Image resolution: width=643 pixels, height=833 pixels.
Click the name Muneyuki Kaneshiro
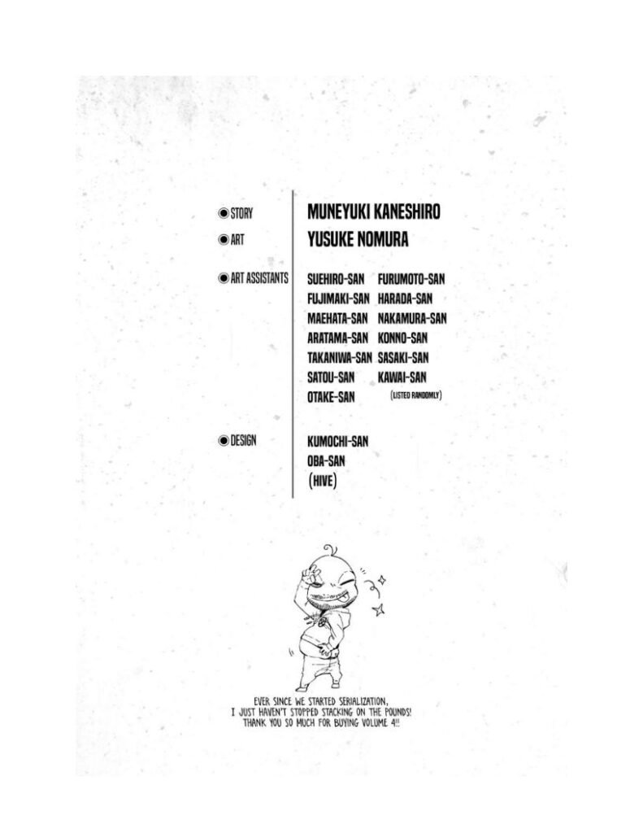[x=374, y=212]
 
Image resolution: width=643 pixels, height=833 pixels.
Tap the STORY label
[x=241, y=213]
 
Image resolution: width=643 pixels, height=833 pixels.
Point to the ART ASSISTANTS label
[x=259, y=278]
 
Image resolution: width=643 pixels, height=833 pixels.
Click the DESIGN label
[x=243, y=440]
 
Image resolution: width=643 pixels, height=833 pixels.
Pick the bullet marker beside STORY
[x=223, y=213]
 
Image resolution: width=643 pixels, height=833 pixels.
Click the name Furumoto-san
[x=411, y=279]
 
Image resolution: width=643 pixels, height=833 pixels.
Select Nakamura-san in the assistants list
[x=412, y=318]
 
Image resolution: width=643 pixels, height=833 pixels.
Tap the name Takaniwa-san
[x=340, y=357]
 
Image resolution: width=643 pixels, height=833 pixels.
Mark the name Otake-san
[x=331, y=397]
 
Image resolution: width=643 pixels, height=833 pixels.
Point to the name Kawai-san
[x=402, y=377]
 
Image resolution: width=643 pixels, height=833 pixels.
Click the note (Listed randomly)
[x=416, y=395]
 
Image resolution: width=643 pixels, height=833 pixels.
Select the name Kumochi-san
[x=338, y=440]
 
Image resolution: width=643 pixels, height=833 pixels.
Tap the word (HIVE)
[x=323, y=482]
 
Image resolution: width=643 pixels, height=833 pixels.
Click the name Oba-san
[x=328, y=460]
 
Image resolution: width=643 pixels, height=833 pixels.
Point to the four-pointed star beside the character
[x=377, y=608]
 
